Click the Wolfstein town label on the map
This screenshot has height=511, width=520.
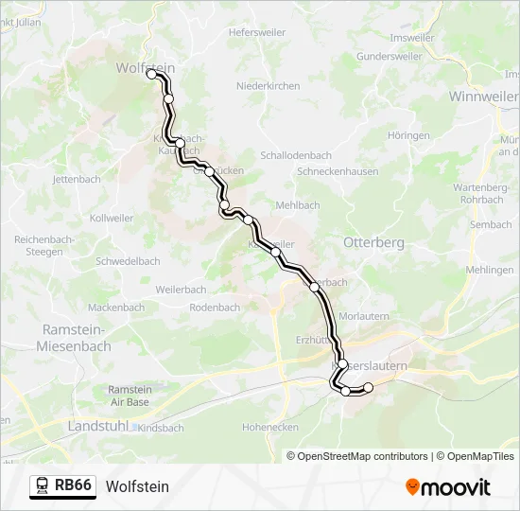click(x=145, y=68)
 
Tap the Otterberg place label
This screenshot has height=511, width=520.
click(x=373, y=242)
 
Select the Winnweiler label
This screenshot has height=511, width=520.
click(x=483, y=97)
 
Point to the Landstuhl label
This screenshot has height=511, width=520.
click(x=97, y=427)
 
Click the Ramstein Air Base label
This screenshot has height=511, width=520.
click(x=129, y=396)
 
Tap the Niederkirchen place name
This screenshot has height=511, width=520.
click(x=268, y=86)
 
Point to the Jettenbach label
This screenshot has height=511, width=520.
click(x=77, y=179)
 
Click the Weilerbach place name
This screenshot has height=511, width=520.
click(x=181, y=289)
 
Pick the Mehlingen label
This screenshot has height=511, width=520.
click(x=490, y=270)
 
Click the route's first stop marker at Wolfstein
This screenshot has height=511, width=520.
click(x=151, y=74)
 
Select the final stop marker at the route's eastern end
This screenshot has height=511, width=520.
click(x=369, y=387)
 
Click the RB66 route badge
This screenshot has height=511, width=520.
click(x=73, y=485)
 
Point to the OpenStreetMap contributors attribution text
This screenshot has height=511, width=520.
click(x=362, y=456)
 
